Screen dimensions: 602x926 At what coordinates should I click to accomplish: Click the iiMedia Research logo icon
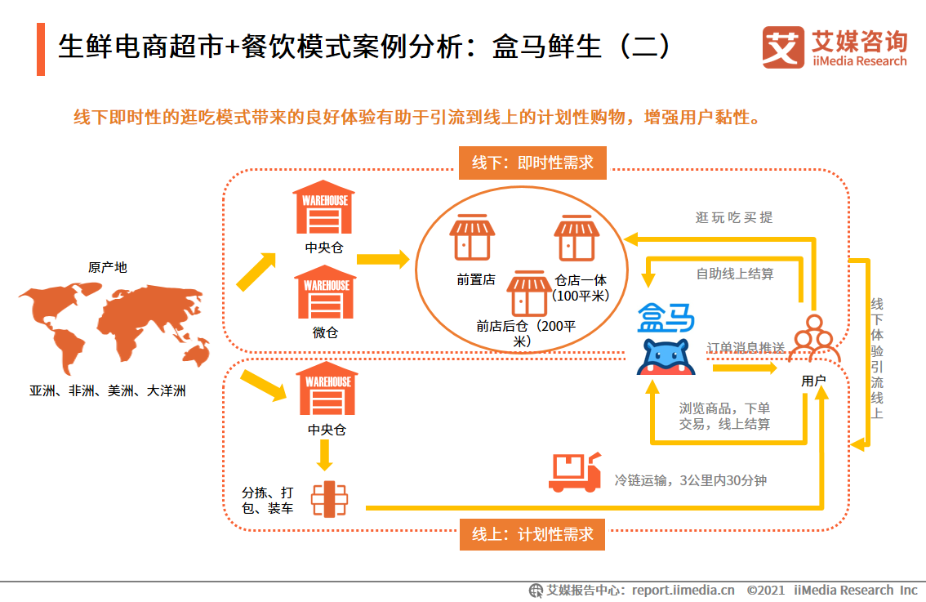tap(782, 48)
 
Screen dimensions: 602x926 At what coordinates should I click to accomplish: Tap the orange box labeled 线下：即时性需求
tap(532, 163)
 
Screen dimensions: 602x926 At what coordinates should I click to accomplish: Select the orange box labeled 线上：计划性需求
tap(532, 535)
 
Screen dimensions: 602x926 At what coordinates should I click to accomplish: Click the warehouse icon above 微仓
tap(325, 292)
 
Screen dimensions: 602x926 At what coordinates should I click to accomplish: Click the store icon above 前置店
tap(472, 238)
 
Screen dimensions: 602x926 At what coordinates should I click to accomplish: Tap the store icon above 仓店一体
tap(577, 238)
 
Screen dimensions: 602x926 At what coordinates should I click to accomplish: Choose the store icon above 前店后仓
tap(529, 293)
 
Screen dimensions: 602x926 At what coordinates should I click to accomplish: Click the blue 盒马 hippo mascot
tap(666, 357)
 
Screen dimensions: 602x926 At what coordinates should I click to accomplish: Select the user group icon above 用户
tap(813, 339)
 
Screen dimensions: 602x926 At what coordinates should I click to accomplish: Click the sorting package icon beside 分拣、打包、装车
tap(330, 498)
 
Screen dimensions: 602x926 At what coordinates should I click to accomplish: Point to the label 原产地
tap(107, 267)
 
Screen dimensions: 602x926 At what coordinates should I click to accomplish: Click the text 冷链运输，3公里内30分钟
tap(691, 480)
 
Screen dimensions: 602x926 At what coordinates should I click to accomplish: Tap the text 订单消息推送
tap(746, 347)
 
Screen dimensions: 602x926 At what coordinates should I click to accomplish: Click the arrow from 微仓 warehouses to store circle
tap(384, 260)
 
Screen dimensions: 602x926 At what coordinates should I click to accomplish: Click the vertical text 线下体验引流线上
tap(877, 359)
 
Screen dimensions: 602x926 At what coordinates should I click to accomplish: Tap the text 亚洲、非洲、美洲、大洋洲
tap(108, 391)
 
